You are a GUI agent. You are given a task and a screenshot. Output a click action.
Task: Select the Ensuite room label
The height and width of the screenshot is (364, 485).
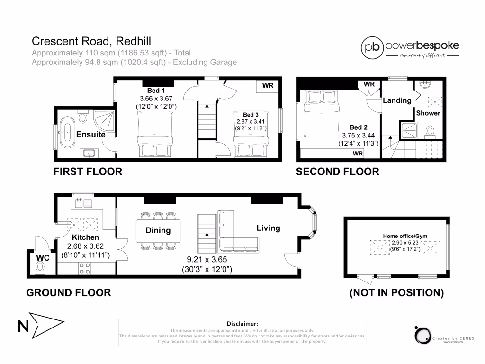(x=91, y=134)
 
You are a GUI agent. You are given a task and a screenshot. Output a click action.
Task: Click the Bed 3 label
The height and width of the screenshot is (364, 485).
(x=251, y=115)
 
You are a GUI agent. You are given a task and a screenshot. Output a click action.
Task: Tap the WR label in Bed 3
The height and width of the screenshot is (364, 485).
(x=268, y=86)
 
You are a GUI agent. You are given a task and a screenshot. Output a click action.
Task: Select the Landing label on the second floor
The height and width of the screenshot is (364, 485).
(x=397, y=100)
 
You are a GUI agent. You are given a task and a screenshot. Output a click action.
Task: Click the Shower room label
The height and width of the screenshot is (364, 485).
(x=428, y=113)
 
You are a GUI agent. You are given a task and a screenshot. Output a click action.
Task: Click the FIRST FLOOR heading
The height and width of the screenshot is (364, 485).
(x=88, y=172)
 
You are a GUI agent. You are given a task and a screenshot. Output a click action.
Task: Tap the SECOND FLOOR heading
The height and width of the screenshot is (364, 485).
(x=337, y=172)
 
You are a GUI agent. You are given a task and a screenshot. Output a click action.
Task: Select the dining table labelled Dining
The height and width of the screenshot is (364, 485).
(x=158, y=231)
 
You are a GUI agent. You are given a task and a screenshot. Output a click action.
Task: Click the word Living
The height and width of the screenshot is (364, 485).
(x=268, y=228)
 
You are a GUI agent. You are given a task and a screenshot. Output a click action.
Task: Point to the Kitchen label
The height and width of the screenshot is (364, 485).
(x=85, y=237)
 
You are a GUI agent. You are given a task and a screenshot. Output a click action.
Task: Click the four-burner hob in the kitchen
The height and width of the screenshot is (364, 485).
(x=84, y=268)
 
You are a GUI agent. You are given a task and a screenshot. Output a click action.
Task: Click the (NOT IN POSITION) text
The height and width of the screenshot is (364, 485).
(x=396, y=293)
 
